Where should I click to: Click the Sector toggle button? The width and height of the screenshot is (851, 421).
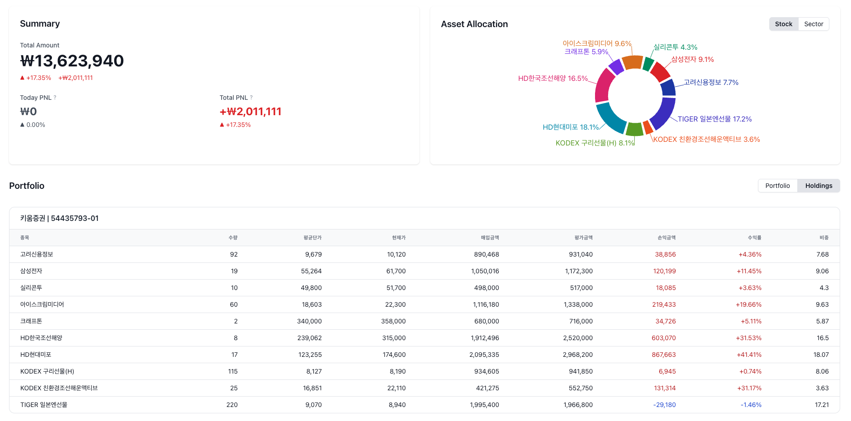(x=814, y=24)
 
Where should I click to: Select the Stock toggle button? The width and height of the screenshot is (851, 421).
(x=784, y=24)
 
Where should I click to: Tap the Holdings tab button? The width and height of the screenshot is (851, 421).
(x=818, y=186)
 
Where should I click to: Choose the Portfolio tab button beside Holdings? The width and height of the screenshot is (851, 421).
(x=777, y=186)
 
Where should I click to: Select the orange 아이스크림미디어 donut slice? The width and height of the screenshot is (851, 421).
(x=632, y=62)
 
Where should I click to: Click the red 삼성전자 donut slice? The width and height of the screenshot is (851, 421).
(x=660, y=71)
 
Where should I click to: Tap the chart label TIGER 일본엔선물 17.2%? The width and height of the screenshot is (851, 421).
(x=715, y=119)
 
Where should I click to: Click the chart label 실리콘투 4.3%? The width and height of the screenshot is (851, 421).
(x=675, y=47)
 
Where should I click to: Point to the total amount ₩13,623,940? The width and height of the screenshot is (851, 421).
(x=72, y=61)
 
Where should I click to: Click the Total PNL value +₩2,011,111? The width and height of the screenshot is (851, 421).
(x=251, y=112)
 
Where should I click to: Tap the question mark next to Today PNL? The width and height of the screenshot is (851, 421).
(x=55, y=98)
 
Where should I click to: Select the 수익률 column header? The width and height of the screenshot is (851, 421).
(x=754, y=238)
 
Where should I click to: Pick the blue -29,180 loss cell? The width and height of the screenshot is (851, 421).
(x=665, y=405)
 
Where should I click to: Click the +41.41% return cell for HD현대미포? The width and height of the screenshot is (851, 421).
(x=749, y=355)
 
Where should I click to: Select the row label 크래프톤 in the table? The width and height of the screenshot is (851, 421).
(x=31, y=321)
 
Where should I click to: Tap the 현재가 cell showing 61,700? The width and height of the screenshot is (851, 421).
(x=396, y=271)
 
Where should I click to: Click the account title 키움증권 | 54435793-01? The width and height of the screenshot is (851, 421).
(x=59, y=218)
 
